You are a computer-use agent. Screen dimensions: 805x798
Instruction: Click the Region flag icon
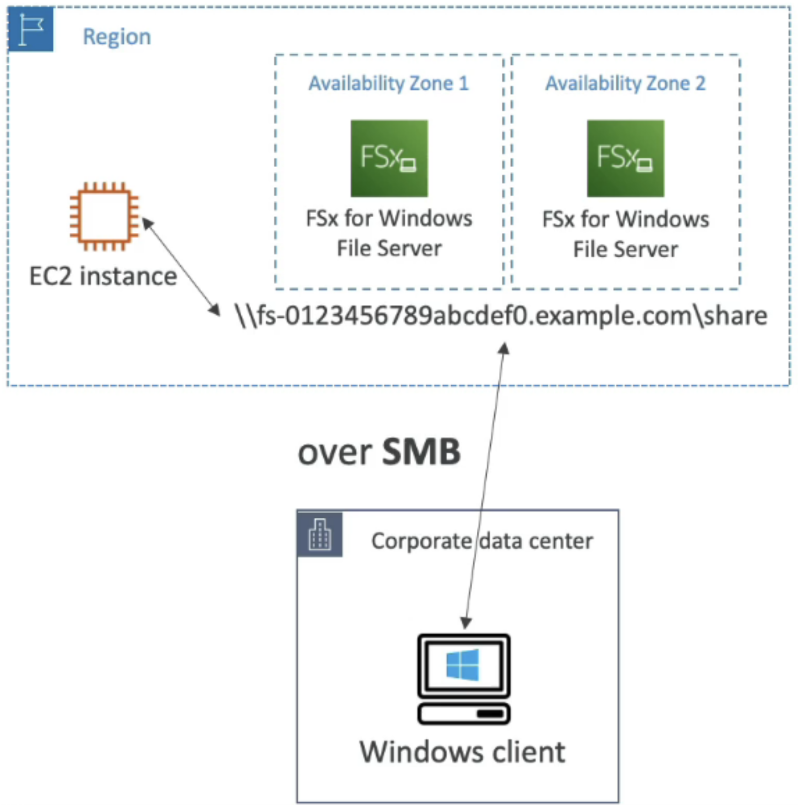coord(30,29)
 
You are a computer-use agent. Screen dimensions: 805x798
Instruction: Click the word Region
coord(117,37)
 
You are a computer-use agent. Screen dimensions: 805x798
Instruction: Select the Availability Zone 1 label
coord(389,84)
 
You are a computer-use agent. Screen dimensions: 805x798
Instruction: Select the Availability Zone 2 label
coord(625,84)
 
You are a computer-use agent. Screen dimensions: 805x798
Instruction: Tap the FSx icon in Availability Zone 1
coord(389,158)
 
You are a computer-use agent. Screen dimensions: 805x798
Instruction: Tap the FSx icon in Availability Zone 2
coord(625,158)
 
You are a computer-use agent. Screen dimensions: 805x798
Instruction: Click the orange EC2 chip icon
coord(104,216)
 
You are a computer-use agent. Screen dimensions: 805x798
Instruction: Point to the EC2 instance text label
coord(103,276)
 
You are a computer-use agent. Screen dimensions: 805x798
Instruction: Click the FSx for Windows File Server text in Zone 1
coord(389,233)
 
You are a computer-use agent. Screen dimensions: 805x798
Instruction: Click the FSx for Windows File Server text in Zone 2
coord(625,234)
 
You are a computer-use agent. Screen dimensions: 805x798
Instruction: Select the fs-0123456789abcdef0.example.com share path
coord(501,316)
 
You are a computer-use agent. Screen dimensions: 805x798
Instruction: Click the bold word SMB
coord(421,452)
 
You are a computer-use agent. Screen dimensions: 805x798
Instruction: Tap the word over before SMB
coord(335,453)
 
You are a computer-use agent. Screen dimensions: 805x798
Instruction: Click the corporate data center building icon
coord(320,535)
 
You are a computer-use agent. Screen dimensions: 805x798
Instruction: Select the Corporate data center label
coord(482,541)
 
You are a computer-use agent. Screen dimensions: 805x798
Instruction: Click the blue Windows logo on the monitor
coord(463,665)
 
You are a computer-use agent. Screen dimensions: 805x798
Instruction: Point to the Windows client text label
coord(462,752)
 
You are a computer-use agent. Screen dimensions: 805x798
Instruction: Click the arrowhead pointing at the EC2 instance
coord(147,223)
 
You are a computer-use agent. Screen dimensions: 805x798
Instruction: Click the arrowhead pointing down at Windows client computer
coord(466,622)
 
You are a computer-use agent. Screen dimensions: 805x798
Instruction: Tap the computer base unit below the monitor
coord(464,714)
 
